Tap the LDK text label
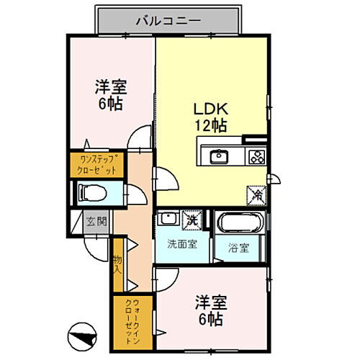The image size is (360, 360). pos(209,109)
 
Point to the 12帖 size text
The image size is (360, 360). pos(209,125)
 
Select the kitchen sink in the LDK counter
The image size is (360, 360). pos(219,156)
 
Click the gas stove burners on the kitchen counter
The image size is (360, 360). pos(256,156)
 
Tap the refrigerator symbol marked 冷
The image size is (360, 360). pos(257,194)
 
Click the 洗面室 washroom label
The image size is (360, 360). pos(183,243)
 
